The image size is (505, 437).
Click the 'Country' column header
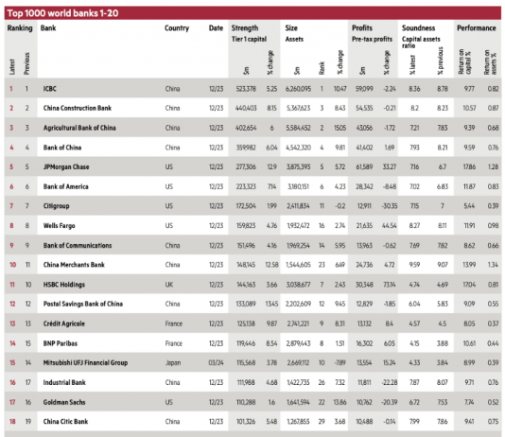177,28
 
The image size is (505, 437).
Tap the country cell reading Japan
173,362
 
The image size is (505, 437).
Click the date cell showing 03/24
216,362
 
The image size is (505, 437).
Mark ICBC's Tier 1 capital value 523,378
246,88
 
